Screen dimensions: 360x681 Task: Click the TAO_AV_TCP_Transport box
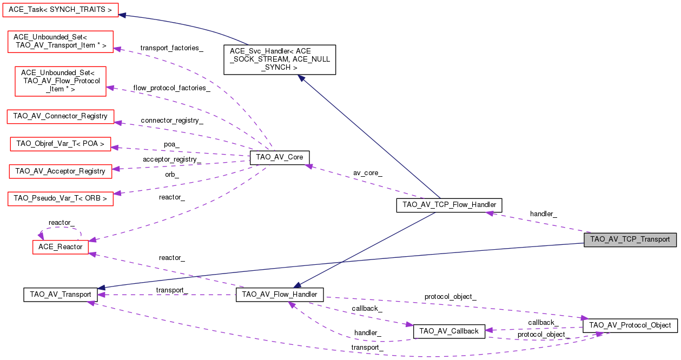[x=630, y=239]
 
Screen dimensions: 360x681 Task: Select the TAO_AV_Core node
[x=280, y=157]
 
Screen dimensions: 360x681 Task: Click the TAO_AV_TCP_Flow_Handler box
[x=449, y=205]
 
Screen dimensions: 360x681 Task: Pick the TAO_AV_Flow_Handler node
[x=280, y=295]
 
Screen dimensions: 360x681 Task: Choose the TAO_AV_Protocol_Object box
[x=630, y=325]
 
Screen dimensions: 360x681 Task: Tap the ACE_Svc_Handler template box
[x=280, y=59]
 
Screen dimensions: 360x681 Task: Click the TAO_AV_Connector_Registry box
[x=60, y=116]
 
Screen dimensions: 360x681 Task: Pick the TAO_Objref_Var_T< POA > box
[x=61, y=144]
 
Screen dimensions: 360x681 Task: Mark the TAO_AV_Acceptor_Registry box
[x=60, y=171]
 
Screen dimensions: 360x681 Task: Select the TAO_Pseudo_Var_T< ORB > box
[x=60, y=198]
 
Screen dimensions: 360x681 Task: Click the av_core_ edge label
[x=368, y=173]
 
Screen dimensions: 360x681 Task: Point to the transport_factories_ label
[x=171, y=48]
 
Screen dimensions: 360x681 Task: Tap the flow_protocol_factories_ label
[x=171, y=88]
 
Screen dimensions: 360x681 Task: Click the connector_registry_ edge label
[x=171, y=120]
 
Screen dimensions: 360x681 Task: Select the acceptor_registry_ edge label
[x=171, y=159]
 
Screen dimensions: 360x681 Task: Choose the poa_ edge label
[x=171, y=145]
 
